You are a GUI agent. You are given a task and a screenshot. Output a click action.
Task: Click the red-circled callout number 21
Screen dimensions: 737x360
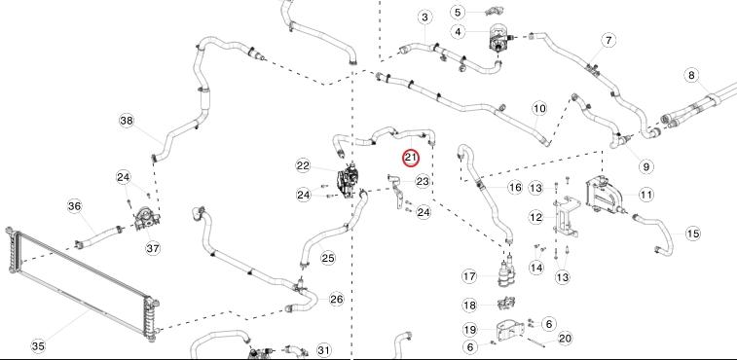pos(411,158)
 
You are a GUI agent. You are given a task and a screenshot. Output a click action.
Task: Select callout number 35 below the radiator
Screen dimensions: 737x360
pos(39,346)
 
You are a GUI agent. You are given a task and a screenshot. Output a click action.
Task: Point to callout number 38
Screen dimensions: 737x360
pos(127,121)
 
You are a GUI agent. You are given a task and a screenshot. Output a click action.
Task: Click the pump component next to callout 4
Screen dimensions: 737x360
pos(497,39)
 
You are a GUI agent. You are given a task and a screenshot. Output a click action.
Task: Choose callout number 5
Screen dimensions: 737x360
pos(459,12)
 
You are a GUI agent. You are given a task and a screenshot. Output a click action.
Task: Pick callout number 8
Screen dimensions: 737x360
pos(691,75)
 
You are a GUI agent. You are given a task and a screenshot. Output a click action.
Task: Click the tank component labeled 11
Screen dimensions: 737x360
pos(601,195)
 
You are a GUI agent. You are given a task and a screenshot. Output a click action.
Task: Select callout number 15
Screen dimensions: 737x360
pos(693,234)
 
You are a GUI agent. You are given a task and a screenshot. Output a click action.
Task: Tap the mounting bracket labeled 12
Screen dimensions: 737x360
pos(566,217)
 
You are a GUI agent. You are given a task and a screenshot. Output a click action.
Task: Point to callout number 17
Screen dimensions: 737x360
pos(469,276)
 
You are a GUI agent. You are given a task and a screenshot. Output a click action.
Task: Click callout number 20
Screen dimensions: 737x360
pos(565,339)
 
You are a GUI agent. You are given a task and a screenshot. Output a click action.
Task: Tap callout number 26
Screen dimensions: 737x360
pos(337,300)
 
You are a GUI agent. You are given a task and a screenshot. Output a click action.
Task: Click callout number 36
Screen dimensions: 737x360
pos(75,206)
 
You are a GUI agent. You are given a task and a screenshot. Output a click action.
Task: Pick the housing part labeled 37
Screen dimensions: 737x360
pos(147,220)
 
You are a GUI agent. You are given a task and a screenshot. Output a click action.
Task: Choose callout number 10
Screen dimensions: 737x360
pos(539,109)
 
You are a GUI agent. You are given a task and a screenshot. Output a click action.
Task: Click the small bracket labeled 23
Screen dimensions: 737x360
pos(395,192)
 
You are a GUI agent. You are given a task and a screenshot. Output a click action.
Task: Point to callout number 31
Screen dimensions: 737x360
pos(323,350)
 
